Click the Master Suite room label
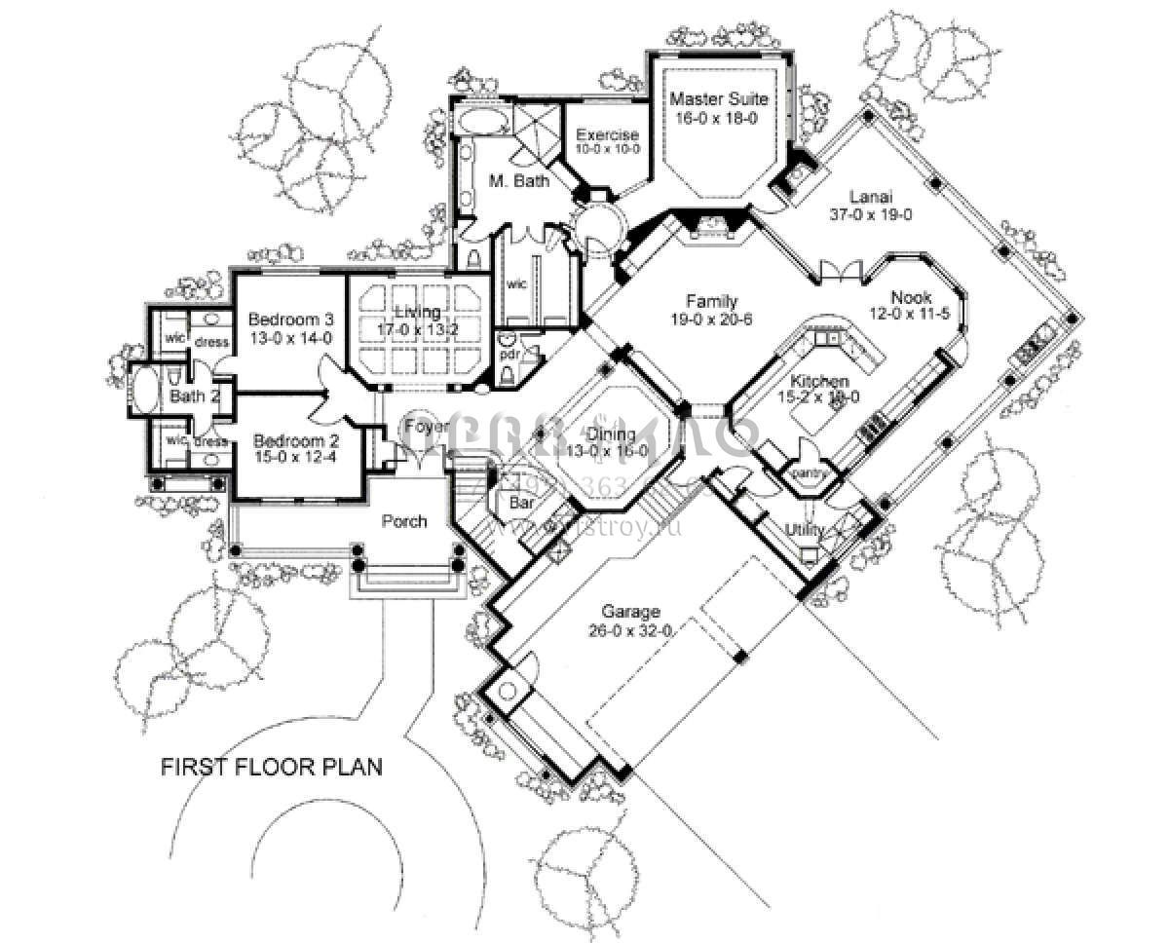(719, 99)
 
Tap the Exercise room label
(607, 135)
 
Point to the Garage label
(630, 612)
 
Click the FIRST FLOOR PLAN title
(271, 767)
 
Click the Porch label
(403, 521)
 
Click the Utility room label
(806, 529)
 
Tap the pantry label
(811, 473)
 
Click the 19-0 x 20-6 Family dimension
(710, 319)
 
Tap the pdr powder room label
(509, 355)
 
